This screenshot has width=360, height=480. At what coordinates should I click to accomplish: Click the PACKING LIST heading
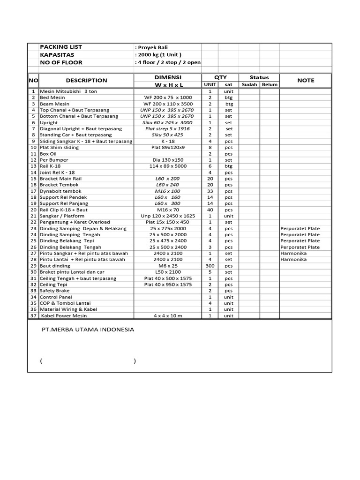coord(61,47)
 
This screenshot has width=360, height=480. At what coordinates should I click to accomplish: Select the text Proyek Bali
coord(151,47)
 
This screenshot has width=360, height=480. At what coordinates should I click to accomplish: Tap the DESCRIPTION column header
coord(86,81)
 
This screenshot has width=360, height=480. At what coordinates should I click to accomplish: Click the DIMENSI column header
coord(168,77)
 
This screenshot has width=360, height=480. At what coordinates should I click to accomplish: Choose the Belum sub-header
coord(270,85)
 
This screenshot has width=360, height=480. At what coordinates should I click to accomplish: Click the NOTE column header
coord(306,81)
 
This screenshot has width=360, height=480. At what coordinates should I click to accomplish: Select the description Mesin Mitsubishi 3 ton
coord(68,91)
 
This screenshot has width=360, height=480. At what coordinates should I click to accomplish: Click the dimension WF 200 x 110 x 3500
coord(168,104)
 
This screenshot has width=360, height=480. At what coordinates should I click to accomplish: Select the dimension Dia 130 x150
coord(168,160)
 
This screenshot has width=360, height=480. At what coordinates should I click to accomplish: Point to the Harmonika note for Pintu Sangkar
coord(293,253)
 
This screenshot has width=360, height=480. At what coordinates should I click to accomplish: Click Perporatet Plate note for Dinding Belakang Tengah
coord(300,247)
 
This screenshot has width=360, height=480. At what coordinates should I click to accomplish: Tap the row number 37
coord(33,316)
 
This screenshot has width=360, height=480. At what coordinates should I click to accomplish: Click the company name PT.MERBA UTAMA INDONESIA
coord(88,330)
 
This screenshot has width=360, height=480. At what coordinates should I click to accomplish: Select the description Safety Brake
coord(55,291)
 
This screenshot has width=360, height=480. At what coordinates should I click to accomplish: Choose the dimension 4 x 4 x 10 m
coord(168,316)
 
